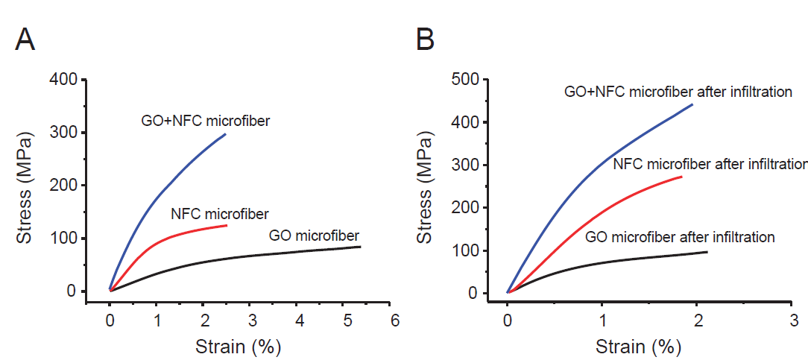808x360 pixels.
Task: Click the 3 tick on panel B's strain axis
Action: pyautogui.click(x=792, y=321)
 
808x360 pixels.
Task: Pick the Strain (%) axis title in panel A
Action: pyautogui.click(x=238, y=347)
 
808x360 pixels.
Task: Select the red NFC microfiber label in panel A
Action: pyautogui.click(x=219, y=214)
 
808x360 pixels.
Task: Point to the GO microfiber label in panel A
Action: pyautogui.click(x=314, y=236)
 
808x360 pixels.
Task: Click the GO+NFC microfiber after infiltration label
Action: pyautogui.click(x=678, y=92)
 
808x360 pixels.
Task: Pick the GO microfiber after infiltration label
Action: pyautogui.click(x=681, y=238)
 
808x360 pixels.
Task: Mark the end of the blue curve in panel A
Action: pyautogui.click(x=225, y=134)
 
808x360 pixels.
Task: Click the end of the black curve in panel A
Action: pyautogui.click(x=361, y=246)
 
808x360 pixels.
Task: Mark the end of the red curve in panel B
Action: pyautogui.click(x=681, y=177)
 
